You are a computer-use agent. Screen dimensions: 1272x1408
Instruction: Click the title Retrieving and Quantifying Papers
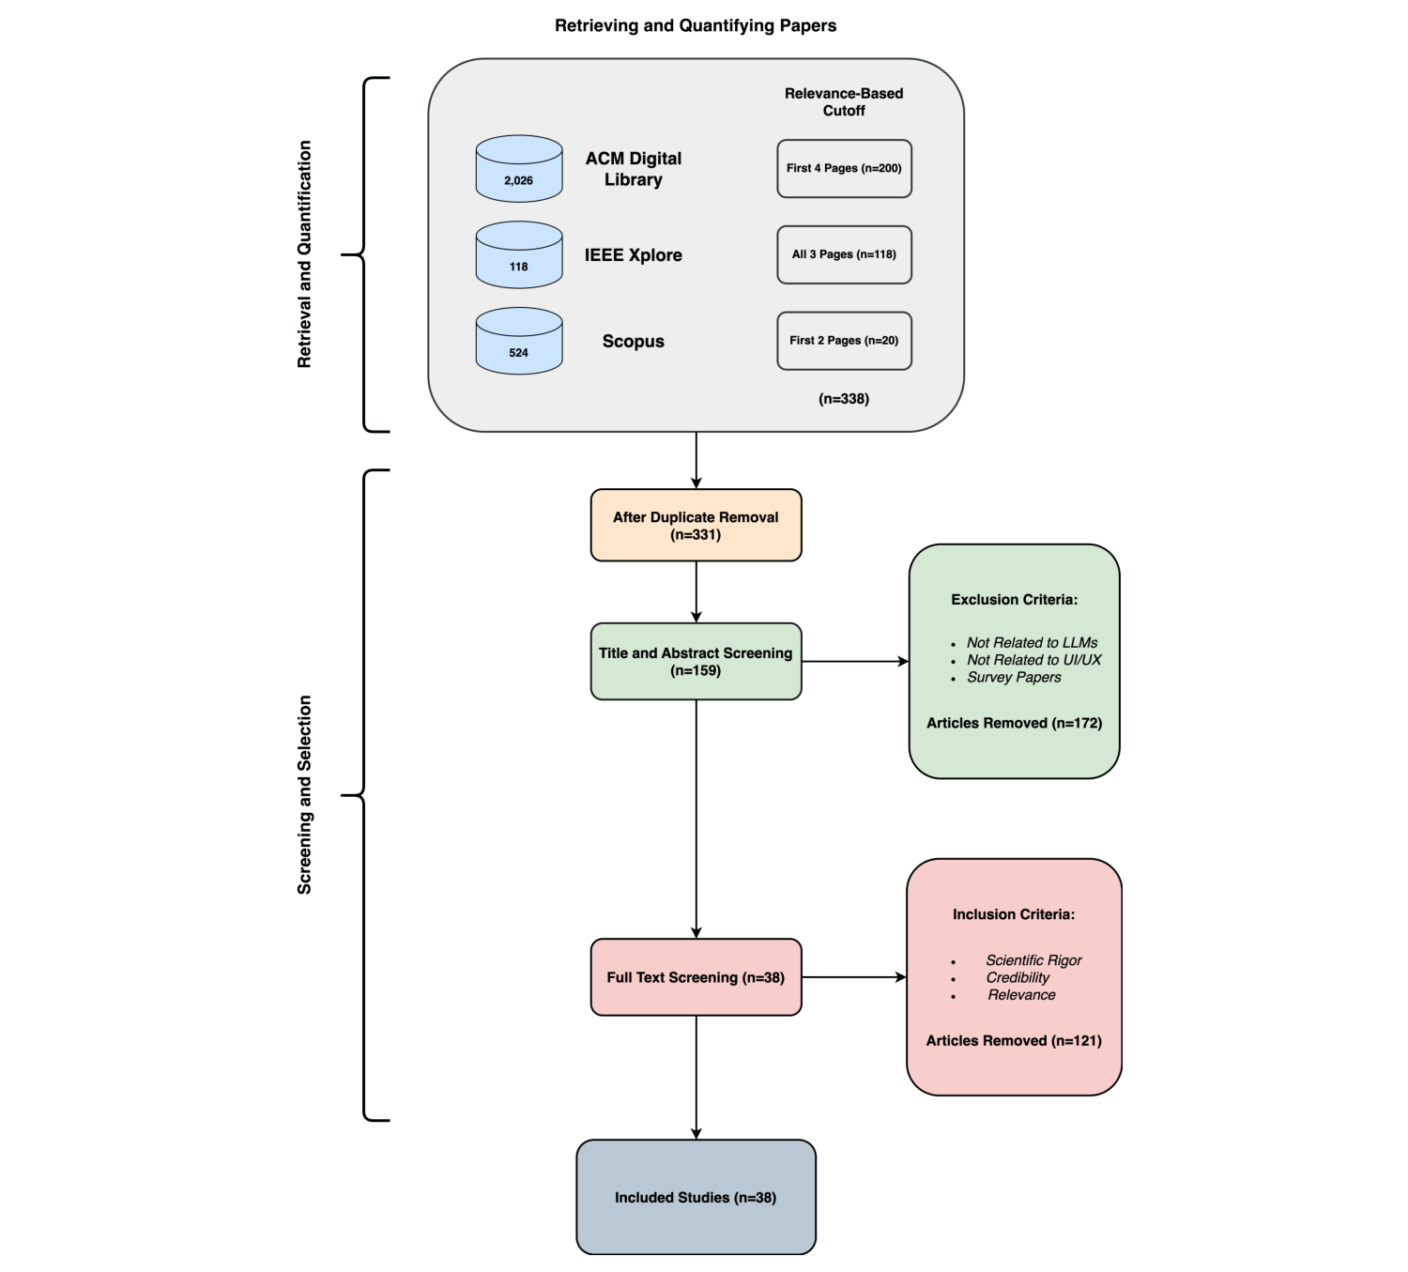[695, 25]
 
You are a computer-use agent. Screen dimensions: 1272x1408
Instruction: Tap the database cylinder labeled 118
[519, 255]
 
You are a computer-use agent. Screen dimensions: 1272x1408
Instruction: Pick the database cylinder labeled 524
[519, 342]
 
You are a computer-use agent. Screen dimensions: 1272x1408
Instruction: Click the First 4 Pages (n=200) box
[844, 169]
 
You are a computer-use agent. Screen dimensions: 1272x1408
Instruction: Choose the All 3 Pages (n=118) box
[844, 254]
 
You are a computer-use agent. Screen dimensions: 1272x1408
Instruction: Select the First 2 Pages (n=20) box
[844, 341]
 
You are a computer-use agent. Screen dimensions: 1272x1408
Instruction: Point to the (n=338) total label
[844, 399]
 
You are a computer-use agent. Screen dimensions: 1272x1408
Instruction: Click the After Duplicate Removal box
[696, 526]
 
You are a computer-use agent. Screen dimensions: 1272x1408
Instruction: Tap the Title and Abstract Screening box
[696, 662]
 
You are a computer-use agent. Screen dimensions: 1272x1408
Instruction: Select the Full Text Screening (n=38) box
[696, 977]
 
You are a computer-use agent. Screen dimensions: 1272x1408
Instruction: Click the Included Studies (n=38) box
[696, 1197]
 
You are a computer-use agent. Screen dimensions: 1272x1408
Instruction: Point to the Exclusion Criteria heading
[1014, 600]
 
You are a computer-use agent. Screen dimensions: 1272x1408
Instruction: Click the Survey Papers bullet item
[1014, 678]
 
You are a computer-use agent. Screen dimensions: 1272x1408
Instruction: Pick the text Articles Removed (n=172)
[1014, 723]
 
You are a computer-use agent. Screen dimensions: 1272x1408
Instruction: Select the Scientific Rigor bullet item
[1033, 960]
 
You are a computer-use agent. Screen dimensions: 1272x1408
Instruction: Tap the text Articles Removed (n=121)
[1014, 1041]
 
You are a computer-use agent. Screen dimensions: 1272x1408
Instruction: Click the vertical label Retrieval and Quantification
[304, 254]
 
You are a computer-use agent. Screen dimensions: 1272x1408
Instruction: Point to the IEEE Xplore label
[633, 255]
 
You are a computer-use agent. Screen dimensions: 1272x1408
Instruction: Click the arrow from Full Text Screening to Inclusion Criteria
[853, 977]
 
